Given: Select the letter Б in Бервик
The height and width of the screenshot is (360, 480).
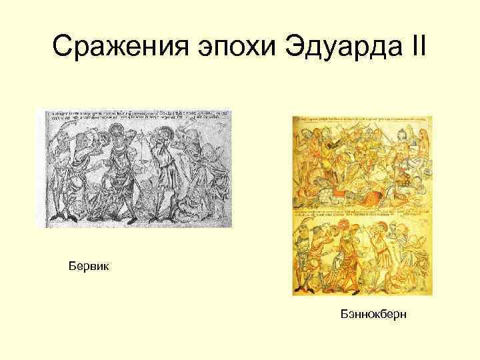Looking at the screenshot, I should [x=71, y=267].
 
